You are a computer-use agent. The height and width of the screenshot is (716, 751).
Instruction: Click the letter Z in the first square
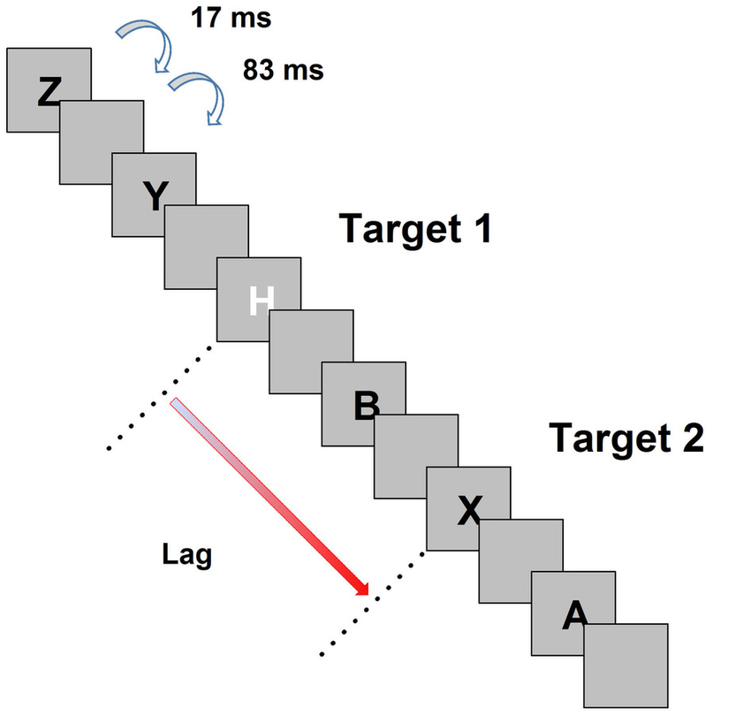[x=49, y=91]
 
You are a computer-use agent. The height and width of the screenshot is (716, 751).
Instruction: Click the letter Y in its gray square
[x=154, y=195]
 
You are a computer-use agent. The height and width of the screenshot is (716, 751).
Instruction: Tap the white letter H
[x=258, y=300]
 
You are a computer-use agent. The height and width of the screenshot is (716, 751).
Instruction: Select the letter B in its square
[x=366, y=405]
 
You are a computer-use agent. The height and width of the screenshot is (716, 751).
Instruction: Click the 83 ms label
[x=283, y=71]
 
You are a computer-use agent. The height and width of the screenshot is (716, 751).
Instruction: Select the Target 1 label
[x=414, y=229]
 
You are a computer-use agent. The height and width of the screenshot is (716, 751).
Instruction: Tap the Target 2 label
[x=626, y=437]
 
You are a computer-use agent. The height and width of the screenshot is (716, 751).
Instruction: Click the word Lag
[x=187, y=555]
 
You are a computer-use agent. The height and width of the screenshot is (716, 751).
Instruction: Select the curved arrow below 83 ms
[x=198, y=97]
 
